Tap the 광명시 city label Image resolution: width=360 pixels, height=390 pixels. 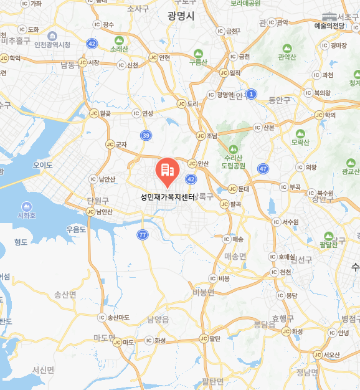(x=182, y=14)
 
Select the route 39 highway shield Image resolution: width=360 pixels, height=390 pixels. (x=146, y=135)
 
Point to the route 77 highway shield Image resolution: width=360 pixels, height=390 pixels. (x=143, y=234)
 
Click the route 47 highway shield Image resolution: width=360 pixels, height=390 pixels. (x=263, y=169)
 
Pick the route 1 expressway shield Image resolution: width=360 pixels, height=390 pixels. (x=251, y=93)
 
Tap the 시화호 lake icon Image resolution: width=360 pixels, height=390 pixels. (x=26, y=206)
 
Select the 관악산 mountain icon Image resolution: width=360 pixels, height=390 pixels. (x=287, y=48)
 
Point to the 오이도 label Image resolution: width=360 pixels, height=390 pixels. (x=43, y=165)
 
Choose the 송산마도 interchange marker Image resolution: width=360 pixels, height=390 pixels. (x=102, y=317)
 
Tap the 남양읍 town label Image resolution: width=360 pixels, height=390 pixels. (x=158, y=320)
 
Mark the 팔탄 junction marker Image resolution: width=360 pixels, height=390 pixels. (x=203, y=339)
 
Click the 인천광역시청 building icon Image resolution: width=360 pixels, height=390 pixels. (x=52, y=35)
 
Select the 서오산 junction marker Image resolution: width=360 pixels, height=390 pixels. (x=318, y=354)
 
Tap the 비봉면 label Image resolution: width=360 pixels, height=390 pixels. (x=204, y=292)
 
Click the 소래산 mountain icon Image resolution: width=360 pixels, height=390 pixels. (x=118, y=38)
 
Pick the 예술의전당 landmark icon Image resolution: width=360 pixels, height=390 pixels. (x=329, y=16)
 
